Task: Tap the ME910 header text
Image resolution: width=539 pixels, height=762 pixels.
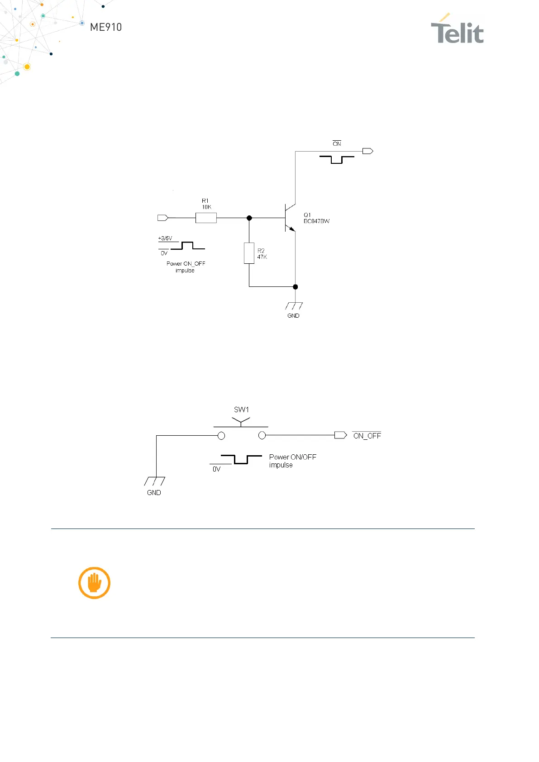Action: (106, 27)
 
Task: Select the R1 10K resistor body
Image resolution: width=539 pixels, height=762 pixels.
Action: (206, 218)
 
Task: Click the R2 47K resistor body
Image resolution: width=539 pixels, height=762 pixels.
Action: (249, 253)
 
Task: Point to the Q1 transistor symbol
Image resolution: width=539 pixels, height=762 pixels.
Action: (289, 218)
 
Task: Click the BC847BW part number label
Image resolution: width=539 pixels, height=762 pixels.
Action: (316, 221)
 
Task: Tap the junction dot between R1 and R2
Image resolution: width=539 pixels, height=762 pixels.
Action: (249, 218)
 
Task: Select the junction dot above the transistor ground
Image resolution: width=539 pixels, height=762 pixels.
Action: (296, 287)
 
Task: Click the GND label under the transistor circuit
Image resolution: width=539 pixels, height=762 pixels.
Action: (293, 316)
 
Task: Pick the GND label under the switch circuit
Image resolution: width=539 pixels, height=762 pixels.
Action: (154, 493)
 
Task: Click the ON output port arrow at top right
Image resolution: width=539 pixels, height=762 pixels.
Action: (367, 151)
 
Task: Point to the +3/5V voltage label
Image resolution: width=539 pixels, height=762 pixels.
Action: (165, 238)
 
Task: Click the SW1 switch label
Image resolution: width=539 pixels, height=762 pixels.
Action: (241, 410)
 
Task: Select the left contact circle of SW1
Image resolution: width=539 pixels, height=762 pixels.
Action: (221, 436)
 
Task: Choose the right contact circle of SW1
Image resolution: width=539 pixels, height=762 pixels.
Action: (262, 435)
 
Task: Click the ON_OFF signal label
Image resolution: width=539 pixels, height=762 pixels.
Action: (367, 436)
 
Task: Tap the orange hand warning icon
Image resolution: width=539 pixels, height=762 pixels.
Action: (94, 583)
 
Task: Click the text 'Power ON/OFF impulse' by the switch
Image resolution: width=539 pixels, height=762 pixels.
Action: (292, 461)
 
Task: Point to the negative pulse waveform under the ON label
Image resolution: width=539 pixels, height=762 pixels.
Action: (337, 159)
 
